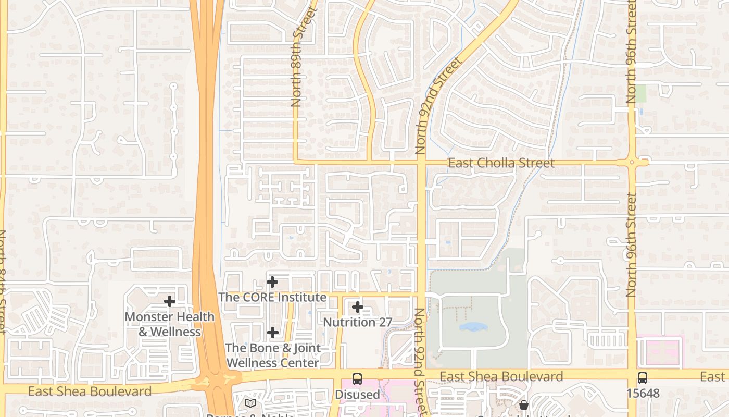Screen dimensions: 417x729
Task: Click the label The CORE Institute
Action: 272,297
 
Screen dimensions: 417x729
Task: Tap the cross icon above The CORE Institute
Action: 272,282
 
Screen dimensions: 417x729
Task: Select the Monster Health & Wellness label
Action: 170,324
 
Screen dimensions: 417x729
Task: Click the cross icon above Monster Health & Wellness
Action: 169,301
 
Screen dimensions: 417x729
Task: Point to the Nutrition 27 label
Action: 357,322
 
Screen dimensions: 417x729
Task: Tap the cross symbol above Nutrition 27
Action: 358,307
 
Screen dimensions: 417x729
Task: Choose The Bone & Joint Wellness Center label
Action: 273,355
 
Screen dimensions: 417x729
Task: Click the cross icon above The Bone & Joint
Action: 273,332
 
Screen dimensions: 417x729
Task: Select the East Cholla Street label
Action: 501,163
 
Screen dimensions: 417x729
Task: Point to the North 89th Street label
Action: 297,57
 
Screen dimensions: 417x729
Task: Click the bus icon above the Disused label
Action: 357,379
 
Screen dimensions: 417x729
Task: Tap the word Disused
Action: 357,394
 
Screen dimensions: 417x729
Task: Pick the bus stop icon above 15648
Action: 643,378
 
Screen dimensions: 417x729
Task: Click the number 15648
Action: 643,393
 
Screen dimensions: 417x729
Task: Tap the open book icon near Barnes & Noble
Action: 250,403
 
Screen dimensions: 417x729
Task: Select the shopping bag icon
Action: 524,404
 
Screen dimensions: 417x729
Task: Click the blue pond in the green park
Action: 473,327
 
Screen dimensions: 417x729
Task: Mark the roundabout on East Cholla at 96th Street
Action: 632,163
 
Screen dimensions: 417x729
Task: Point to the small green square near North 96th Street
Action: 640,93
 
